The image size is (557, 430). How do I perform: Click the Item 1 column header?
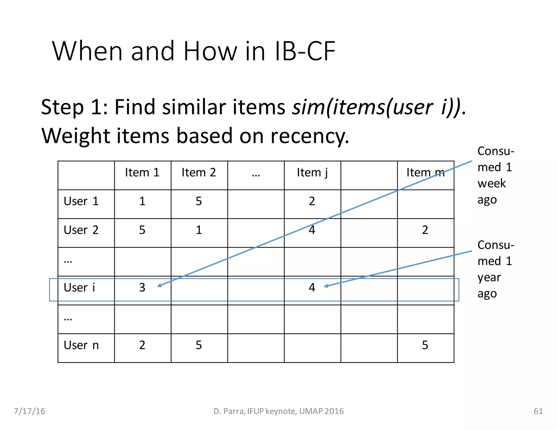coord(142,173)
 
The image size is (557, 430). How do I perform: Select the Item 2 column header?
coord(199,173)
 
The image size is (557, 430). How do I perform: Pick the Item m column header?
coord(425,173)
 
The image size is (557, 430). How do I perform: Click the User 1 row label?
coord(81,201)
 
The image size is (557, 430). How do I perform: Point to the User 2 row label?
coord(81,230)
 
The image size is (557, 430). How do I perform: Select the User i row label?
coord(79,288)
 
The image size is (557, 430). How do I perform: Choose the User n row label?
coord(81,345)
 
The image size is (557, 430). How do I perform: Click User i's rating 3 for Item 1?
coord(142,288)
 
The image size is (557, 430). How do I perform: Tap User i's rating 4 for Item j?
coord(312,288)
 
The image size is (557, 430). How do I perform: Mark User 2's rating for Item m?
coord(425,230)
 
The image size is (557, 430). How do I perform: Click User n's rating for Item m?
coord(425,345)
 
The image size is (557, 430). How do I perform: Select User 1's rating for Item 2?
coord(199,201)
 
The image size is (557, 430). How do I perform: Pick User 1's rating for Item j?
coord(312,201)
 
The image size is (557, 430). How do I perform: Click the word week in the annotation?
coord(491,183)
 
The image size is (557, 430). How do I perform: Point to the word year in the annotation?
coord(489,278)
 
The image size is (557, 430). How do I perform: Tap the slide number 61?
coord(538,411)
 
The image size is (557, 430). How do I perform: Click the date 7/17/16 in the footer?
coord(29,411)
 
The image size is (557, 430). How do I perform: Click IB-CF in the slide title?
coord(305,51)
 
